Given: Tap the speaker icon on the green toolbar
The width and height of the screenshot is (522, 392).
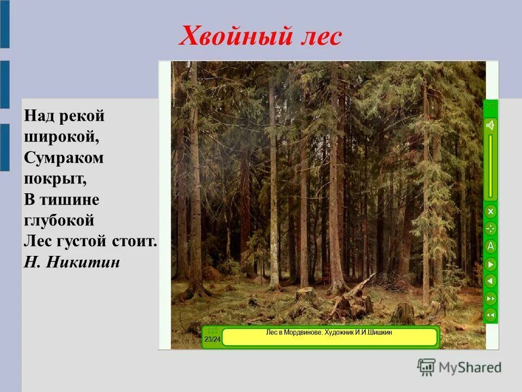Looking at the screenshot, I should click(490, 126).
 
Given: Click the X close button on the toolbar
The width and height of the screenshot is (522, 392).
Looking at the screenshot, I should click(490, 211).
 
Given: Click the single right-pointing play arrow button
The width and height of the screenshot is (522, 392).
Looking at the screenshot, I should click(490, 264).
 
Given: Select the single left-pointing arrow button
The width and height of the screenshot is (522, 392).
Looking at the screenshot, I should click(490, 281).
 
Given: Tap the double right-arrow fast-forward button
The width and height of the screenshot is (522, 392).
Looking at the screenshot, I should click(490, 298).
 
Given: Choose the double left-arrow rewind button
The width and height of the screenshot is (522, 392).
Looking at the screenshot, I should click(490, 315).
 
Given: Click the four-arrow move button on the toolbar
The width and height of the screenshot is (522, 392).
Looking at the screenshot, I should click(490, 229).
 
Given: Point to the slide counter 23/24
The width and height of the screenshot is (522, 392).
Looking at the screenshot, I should click(212, 339).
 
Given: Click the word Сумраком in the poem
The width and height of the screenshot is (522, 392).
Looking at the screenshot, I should click(64, 158).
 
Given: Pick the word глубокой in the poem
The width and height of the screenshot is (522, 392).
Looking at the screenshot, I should click(59, 220).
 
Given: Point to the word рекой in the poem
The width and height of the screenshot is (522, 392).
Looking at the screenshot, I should click(80, 116).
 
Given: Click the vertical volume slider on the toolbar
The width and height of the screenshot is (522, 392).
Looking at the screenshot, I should click(490, 166).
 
